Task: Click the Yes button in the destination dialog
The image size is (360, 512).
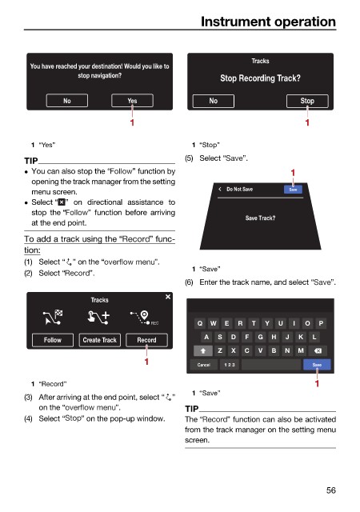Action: point(132,101)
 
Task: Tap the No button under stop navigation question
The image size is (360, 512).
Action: point(67,101)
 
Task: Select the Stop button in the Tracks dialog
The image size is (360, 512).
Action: point(307,101)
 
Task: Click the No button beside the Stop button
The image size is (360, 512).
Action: point(214,101)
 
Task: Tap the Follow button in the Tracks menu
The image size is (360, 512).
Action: point(53,340)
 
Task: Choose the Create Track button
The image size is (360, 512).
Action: point(100,340)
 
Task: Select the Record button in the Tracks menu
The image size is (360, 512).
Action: point(146,340)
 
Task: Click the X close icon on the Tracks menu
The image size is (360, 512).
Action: point(168,297)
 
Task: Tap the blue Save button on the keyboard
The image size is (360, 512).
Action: point(317,365)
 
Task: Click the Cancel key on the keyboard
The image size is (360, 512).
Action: point(204,365)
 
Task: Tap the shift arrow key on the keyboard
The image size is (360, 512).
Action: point(203,350)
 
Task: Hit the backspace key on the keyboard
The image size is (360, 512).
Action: point(318,350)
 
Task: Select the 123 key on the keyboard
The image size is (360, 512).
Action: point(230,365)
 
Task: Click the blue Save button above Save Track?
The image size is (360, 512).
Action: point(293,190)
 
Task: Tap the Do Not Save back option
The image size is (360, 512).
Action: point(236,189)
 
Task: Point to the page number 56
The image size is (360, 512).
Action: point(331,490)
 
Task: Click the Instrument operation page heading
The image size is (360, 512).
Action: point(268,22)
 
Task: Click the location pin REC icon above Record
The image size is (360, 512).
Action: point(144,318)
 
